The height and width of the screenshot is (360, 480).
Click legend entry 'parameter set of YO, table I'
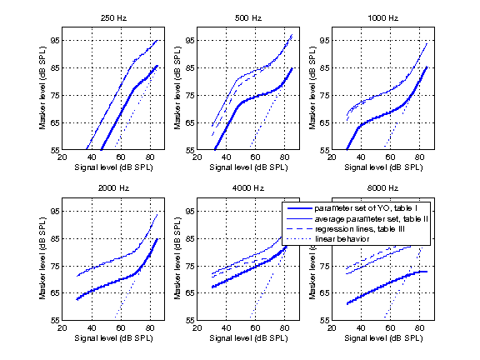tap(365, 208)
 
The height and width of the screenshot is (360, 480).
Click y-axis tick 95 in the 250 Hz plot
tap(55, 40)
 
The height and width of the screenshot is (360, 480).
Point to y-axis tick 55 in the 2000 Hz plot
tap(55, 320)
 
